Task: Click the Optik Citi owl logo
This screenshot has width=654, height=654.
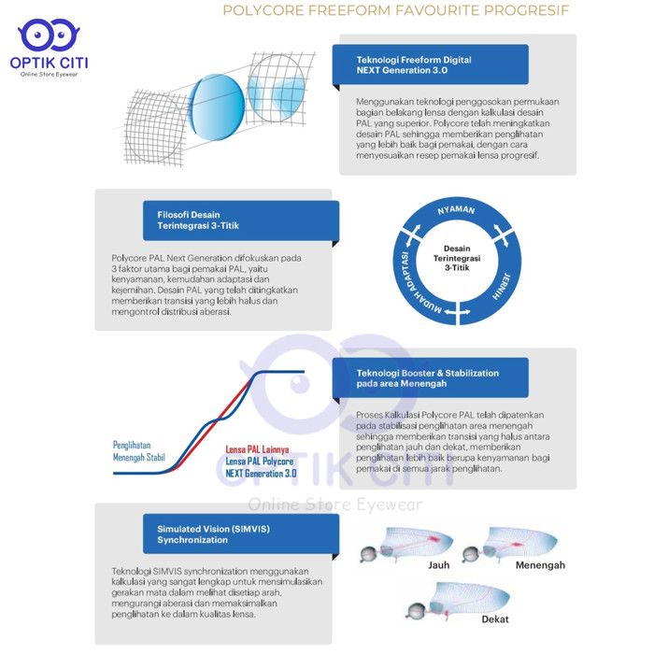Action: [49, 35]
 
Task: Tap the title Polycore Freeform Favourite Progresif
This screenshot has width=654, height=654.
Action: [396, 10]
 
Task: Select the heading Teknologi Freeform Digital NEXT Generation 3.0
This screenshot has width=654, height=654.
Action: [414, 65]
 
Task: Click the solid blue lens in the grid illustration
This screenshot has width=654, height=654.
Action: [217, 107]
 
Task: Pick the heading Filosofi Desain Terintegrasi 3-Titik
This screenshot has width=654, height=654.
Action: [198, 220]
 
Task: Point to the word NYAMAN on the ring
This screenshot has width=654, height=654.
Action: [456, 209]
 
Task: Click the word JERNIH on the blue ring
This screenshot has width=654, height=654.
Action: [501, 287]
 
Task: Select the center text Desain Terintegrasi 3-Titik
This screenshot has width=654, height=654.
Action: [457, 258]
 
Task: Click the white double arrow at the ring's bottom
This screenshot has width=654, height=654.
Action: [457, 312]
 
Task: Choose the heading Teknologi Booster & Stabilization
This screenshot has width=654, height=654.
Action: [428, 378]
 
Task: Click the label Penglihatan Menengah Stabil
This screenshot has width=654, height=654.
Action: [139, 451]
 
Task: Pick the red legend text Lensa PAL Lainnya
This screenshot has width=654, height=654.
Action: [257, 449]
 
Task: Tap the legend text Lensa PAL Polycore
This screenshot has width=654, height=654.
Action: [260, 462]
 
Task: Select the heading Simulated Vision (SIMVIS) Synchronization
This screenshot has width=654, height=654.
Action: [213, 534]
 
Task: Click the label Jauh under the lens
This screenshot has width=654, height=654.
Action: [439, 565]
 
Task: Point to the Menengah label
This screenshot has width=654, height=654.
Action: [540, 565]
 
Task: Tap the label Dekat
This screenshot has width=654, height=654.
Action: [495, 619]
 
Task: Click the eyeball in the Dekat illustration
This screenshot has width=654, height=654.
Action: [416, 611]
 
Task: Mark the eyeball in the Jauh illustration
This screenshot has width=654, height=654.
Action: [369, 554]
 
